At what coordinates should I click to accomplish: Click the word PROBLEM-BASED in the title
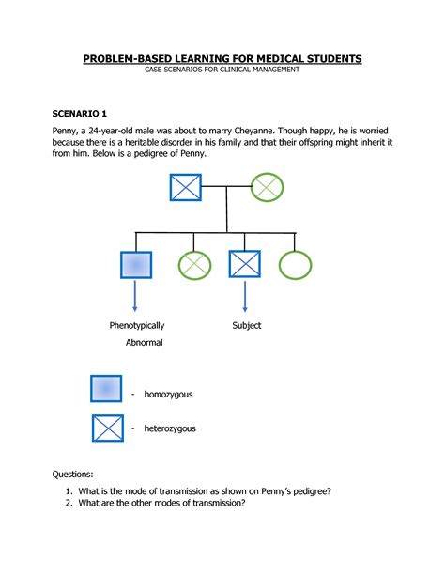(x=125, y=59)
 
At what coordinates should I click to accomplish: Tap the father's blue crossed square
(x=186, y=186)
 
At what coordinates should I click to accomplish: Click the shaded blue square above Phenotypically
(x=137, y=265)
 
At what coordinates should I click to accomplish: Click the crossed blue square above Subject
(x=246, y=265)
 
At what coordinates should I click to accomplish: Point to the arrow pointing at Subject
(x=246, y=298)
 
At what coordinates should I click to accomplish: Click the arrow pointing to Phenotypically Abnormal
(x=137, y=298)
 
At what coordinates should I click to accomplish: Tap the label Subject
(x=247, y=326)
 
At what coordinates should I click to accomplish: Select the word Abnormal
(x=145, y=343)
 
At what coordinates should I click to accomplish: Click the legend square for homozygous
(x=107, y=389)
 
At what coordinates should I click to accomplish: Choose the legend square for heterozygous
(x=107, y=428)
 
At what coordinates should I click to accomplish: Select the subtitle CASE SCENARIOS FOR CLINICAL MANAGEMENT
(x=222, y=71)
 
